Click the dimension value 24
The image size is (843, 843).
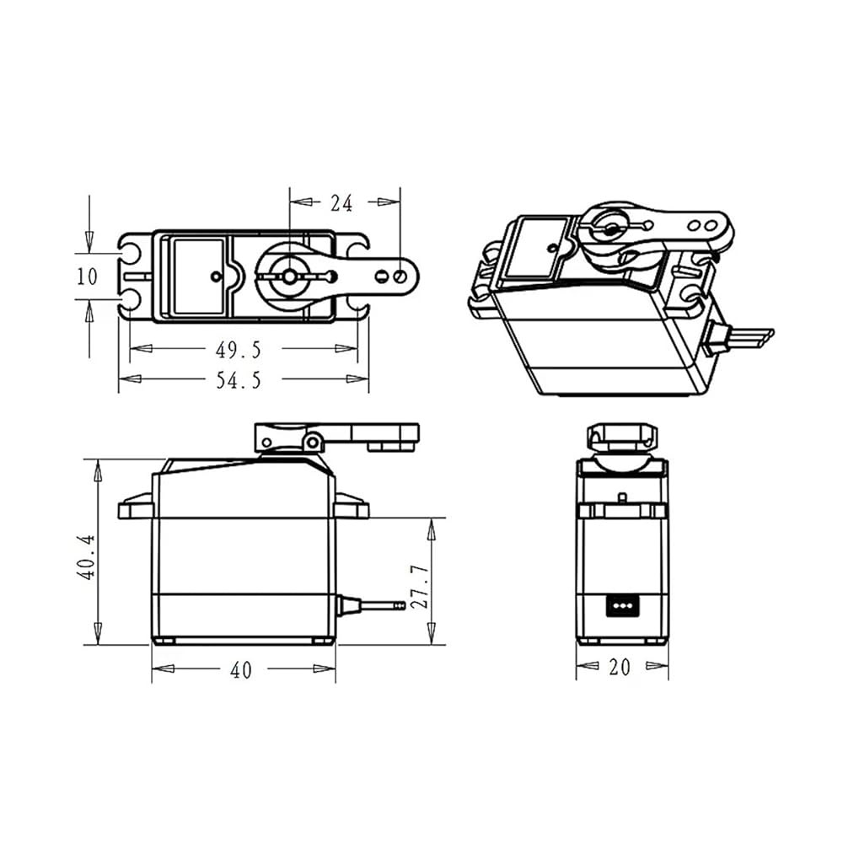(x=341, y=203)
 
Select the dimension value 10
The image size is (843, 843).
(x=87, y=277)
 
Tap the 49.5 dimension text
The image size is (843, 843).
(x=239, y=350)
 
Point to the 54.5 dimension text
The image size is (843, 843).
(x=239, y=381)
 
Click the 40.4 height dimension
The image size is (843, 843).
(x=86, y=557)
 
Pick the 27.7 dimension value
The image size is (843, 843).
(x=419, y=587)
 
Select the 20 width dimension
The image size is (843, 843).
(x=620, y=667)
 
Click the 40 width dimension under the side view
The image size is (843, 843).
(x=240, y=670)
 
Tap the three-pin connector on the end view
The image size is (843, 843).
(x=623, y=604)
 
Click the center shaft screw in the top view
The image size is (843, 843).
(x=289, y=277)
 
